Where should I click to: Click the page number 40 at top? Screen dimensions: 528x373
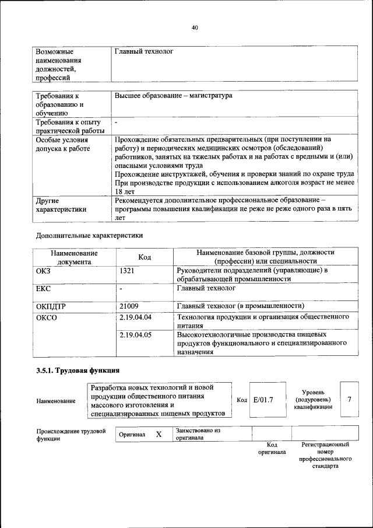[x=194, y=27]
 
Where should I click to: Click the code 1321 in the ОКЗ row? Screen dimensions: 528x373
[x=128, y=271]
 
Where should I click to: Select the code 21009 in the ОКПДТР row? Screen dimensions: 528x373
[x=129, y=306]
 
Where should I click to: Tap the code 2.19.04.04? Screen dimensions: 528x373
[x=135, y=318]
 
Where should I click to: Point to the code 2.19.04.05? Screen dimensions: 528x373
[x=135, y=335]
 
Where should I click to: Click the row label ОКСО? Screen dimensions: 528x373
[x=47, y=318]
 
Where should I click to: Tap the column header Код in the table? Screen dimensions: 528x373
[x=145, y=257]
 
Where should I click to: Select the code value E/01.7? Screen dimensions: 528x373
[x=263, y=400]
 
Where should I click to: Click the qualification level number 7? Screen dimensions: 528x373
[x=349, y=399]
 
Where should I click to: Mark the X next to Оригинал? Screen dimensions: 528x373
[x=158, y=435]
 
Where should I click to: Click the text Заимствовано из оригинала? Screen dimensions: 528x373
[x=197, y=434]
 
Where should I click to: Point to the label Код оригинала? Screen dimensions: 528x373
[x=272, y=448]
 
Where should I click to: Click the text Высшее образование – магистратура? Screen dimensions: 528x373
[x=174, y=95]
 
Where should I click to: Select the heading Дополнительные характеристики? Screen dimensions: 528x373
[x=89, y=236]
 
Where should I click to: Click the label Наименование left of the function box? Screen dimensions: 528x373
[x=56, y=401]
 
